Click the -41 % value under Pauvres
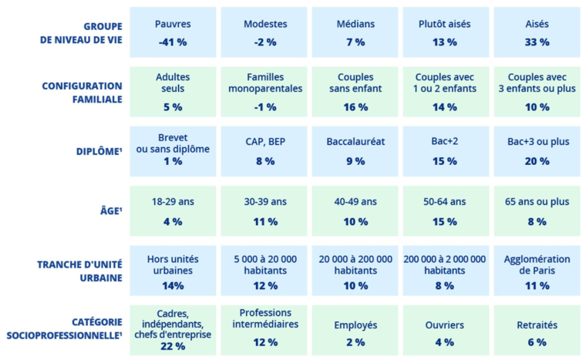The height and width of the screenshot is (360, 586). (173, 42)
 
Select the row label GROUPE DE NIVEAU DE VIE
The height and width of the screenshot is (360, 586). (80, 32)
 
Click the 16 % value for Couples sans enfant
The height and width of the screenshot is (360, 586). (355, 107)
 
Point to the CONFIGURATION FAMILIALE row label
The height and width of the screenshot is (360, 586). (82, 93)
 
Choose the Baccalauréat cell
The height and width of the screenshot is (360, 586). (355, 152)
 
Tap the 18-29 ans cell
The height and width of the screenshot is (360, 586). (173, 211)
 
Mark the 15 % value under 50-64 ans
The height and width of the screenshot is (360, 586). (445, 222)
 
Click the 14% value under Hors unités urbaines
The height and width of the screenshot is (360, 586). (173, 286)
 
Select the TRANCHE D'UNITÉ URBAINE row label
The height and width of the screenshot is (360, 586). (80, 271)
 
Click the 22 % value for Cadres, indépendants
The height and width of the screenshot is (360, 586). (173, 347)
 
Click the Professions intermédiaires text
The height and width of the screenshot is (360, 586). (264, 318)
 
